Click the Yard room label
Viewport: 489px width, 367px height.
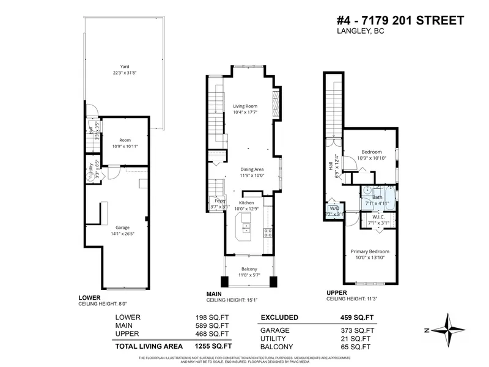point(124,67)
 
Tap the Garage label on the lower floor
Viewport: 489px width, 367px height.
point(122,228)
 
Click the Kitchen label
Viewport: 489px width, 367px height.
point(246,202)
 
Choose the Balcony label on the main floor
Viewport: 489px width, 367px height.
point(249,269)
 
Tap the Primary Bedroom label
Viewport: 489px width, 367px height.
point(370,251)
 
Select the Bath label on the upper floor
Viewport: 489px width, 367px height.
point(378,197)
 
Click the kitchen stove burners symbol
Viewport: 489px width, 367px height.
point(268,231)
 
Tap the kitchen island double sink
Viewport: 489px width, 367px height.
point(246,229)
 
